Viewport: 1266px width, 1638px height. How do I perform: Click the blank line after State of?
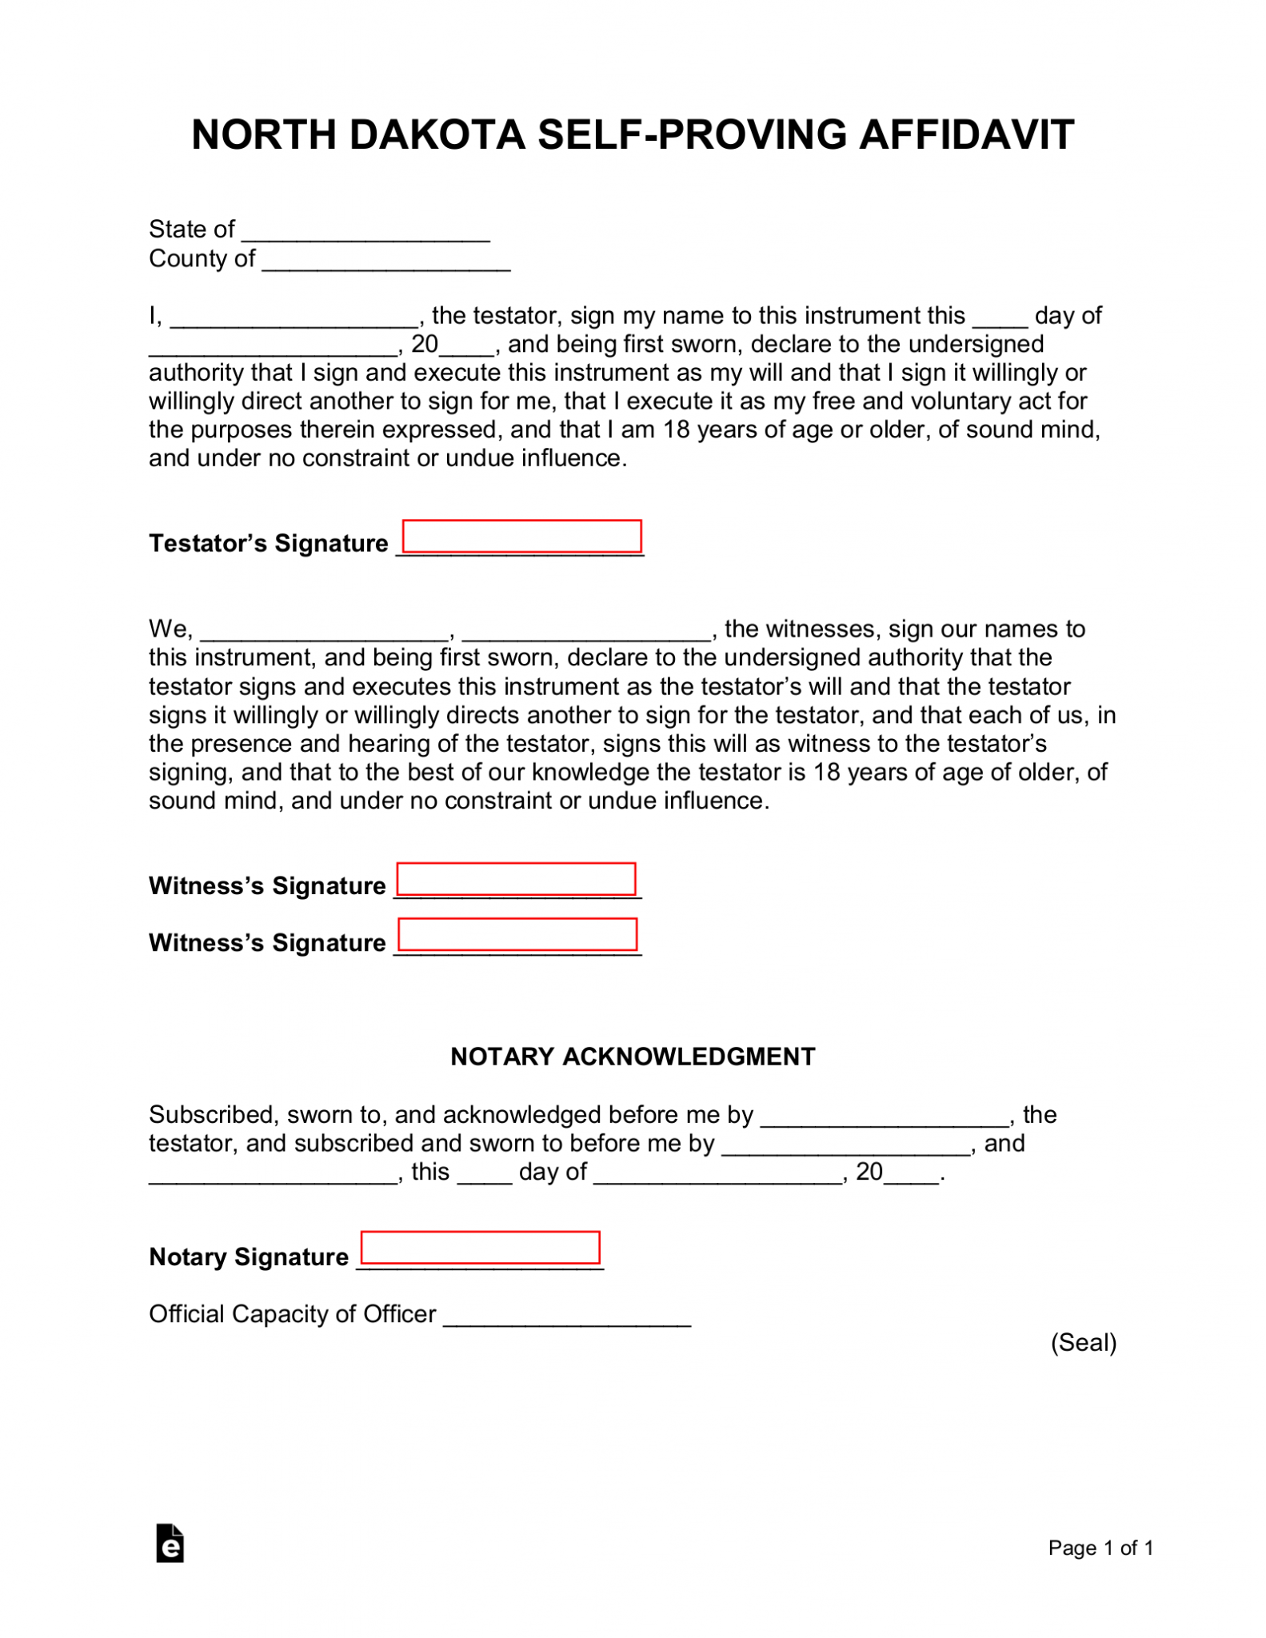(365, 235)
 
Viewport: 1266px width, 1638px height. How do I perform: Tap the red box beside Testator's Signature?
(521, 536)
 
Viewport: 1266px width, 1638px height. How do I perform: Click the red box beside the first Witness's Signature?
(516, 879)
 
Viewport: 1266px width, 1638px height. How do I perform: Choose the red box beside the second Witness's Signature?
(517, 934)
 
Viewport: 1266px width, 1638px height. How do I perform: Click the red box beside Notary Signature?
(480, 1248)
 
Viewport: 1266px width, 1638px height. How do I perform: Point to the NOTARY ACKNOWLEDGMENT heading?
(633, 1057)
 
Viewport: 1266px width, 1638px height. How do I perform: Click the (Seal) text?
(1083, 1342)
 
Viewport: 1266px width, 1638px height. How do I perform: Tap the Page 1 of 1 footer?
(1100, 1548)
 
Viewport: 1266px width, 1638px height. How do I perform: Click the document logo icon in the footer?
(170, 1544)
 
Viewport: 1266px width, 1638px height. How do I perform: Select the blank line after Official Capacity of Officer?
(566, 1320)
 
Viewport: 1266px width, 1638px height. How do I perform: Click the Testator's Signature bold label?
(268, 543)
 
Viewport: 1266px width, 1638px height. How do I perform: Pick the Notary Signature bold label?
(249, 1256)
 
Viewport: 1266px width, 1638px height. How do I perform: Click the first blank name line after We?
(324, 635)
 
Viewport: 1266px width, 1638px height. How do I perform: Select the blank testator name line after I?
(294, 322)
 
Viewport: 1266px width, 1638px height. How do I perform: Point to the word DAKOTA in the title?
(437, 134)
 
